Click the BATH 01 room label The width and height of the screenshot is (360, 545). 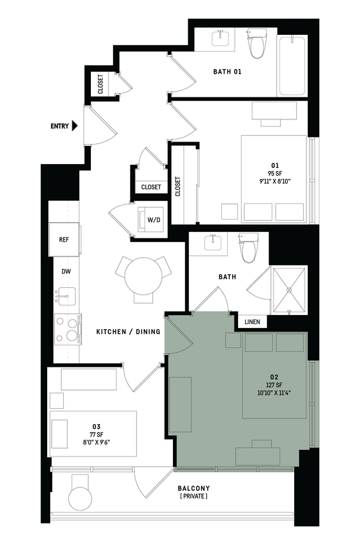(x=227, y=72)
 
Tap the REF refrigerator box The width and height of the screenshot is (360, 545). (x=64, y=240)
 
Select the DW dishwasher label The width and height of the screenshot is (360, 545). (x=66, y=272)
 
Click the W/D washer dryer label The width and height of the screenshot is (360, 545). (x=154, y=220)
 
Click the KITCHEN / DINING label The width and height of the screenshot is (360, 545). (x=128, y=332)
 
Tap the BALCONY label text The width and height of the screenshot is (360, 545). (x=194, y=488)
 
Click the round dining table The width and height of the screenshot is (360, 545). (x=143, y=276)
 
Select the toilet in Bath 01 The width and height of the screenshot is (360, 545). (x=257, y=44)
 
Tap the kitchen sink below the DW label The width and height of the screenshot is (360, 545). (x=65, y=296)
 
